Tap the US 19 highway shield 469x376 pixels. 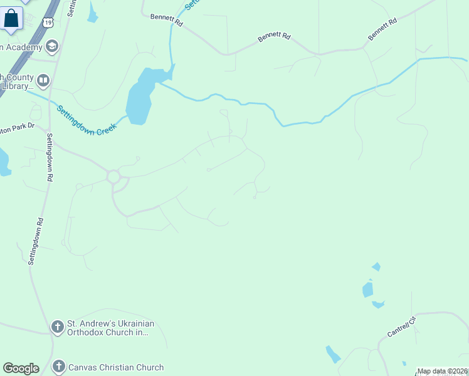pos(48,23)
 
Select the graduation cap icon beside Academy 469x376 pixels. pos(51,46)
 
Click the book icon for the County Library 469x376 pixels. pos(43,80)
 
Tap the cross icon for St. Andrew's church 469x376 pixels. pos(57,326)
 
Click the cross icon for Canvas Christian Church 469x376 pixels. pos(58,367)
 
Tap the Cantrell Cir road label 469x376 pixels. pos(401,327)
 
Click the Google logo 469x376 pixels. pos(21,368)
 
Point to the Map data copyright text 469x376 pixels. pos(443,371)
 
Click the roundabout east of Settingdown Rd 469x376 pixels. pos(113,177)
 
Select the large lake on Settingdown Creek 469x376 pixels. pos(141,97)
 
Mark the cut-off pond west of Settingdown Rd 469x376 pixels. pos(3,162)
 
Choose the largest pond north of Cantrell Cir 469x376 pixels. pos(367,290)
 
